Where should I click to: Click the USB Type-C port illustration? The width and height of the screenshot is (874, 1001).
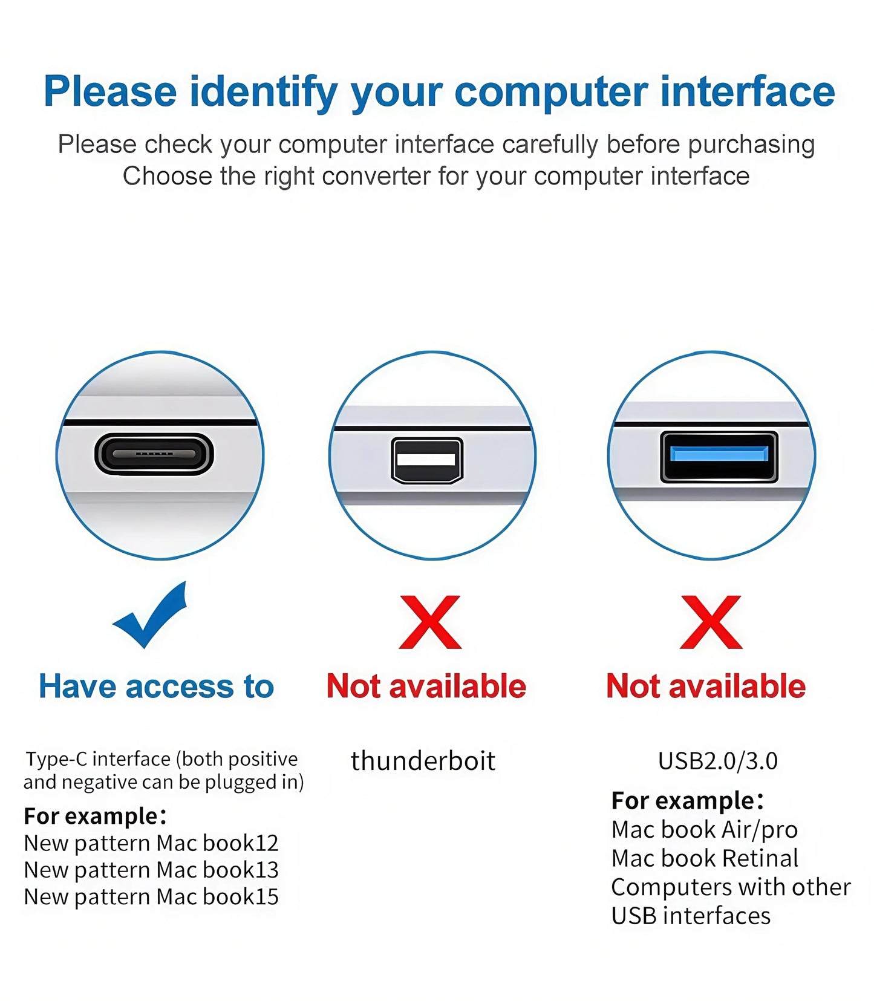[154, 454]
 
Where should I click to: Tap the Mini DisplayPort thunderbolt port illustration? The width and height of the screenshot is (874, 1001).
[427, 460]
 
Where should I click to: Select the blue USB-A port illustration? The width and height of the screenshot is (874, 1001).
[719, 457]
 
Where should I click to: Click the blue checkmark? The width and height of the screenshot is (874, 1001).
[151, 616]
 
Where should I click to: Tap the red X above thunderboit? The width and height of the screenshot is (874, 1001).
[430, 622]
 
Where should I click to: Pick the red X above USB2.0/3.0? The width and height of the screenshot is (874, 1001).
[711, 622]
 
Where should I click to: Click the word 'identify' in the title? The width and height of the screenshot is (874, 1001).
[264, 92]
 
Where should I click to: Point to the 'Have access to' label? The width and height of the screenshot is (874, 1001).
[157, 686]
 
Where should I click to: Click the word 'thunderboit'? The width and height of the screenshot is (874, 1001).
[423, 760]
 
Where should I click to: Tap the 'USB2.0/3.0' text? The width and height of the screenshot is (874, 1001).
[717, 760]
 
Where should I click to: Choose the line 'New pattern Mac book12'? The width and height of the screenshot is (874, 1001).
[151, 843]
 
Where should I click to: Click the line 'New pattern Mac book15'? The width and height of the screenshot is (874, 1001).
[151, 896]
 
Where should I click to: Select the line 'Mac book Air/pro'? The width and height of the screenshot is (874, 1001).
[704, 829]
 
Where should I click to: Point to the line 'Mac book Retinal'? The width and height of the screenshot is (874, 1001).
[705, 858]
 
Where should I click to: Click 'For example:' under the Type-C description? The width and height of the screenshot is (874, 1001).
[95, 816]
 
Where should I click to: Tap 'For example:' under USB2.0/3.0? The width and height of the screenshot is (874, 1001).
[687, 800]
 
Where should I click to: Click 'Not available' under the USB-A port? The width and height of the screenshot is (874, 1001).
[706, 686]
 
